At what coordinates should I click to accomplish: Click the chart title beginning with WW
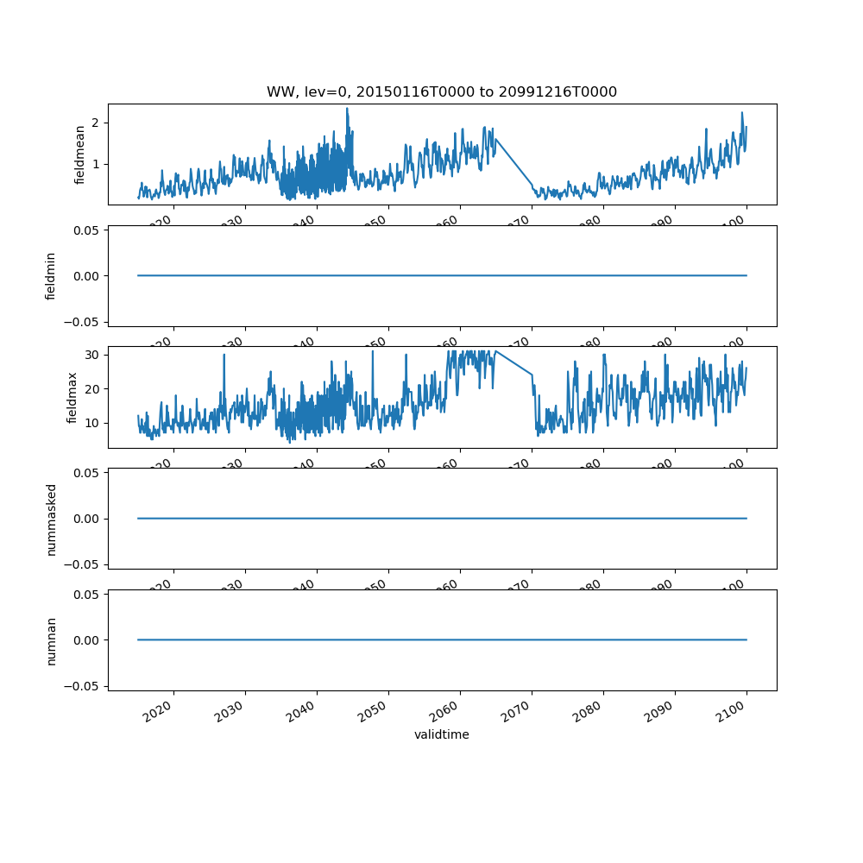441,92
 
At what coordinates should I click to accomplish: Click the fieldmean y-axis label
80,154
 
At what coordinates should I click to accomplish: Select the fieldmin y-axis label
51,276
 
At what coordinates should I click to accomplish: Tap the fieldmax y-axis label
72,397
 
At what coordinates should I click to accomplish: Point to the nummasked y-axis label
51,519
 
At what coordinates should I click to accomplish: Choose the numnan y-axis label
51,640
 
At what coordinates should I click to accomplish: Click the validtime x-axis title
441,734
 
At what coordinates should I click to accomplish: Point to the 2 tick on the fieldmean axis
97,123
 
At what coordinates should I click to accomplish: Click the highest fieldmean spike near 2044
347,109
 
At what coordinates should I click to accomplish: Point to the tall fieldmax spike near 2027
224,355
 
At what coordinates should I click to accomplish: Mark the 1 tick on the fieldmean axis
97,164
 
